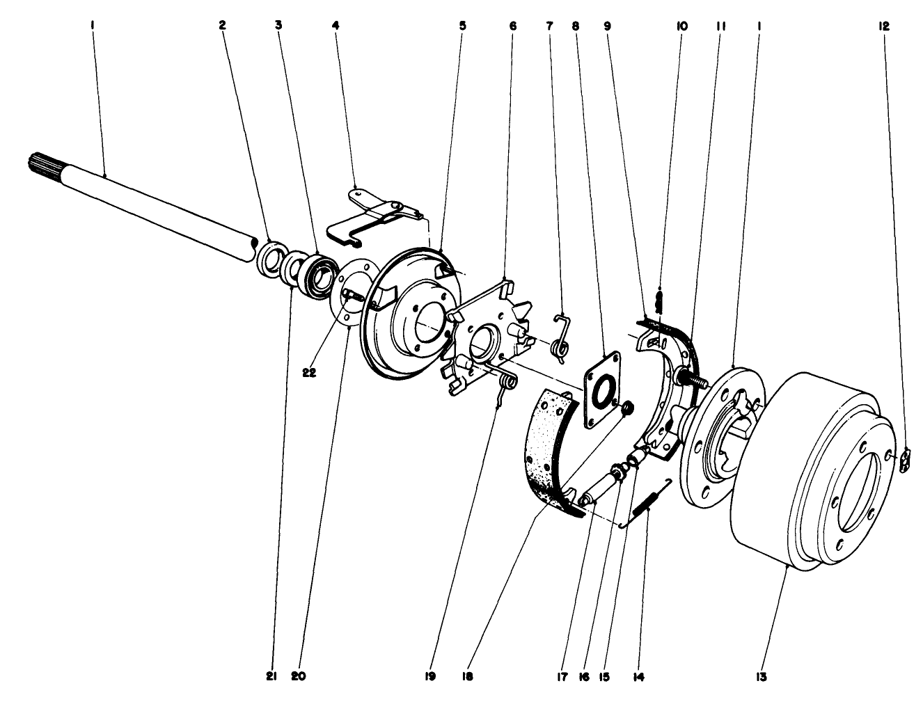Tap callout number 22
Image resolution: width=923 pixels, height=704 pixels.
(309, 372)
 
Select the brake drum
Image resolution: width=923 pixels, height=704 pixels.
(807, 473)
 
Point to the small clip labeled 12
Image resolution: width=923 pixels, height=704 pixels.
(904, 461)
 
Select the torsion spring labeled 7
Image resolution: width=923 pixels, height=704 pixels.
(562, 337)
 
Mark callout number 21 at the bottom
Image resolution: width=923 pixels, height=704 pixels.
(271, 675)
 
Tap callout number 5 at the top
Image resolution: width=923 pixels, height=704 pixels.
(462, 26)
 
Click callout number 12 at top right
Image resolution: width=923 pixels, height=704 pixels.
(883, 26)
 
